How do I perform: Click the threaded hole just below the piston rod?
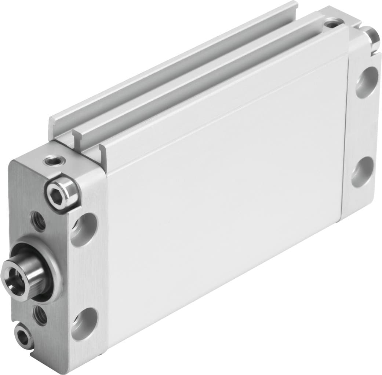point(40,315)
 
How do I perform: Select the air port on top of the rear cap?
point(332,24)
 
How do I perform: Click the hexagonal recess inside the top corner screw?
point(61,192)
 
